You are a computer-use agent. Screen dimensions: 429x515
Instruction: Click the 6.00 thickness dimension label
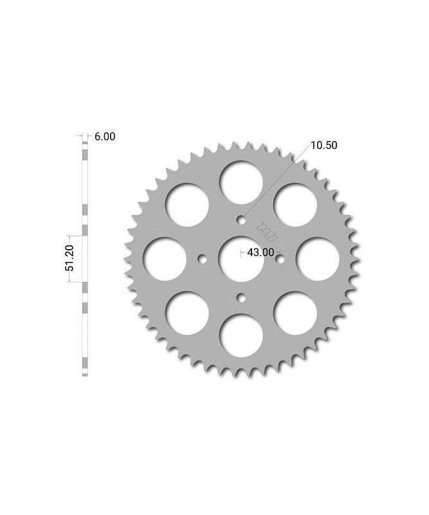pos(105,136)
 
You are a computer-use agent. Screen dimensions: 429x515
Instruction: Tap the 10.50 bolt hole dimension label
pos(324,145)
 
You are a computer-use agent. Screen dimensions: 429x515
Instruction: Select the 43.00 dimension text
pos(260,252)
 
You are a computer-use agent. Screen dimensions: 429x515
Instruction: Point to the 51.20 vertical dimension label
pos(71,258)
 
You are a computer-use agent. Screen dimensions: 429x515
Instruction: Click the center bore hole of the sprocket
pos(241,258)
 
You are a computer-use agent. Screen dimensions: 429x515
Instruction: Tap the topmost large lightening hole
pos(241,182)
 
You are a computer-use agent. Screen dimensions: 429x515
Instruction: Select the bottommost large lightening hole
pos(241,335)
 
